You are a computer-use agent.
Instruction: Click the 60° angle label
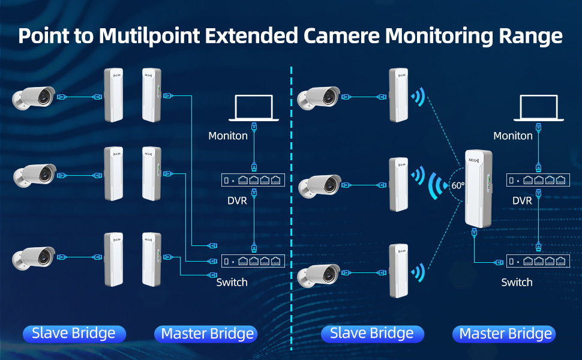(x=458, y=185)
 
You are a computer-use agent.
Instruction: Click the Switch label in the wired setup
(x=232, y=282)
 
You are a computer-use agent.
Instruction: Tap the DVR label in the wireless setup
(x=522, y=200)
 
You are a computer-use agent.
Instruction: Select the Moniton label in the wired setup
(x=228, y=136)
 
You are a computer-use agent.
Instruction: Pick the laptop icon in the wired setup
(x=253, y=108)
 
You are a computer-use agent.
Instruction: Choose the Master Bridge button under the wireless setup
(x=504, y=334)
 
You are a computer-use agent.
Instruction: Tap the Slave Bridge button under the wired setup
(x=74, y=334)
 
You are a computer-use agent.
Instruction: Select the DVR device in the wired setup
(x=253, y=180)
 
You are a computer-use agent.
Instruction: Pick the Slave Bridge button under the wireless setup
(x=372, y=334)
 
